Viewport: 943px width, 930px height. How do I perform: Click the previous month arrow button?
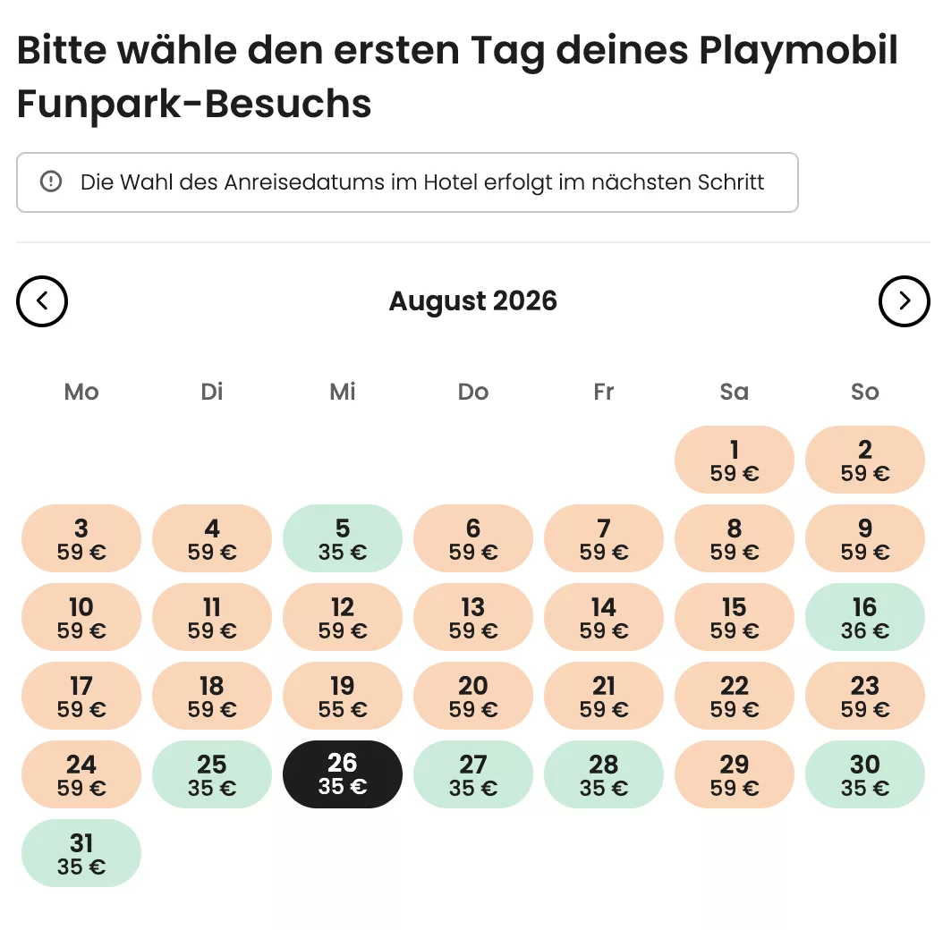(x=42, y=301)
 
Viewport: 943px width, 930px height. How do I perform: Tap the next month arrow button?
(x=904, y=301)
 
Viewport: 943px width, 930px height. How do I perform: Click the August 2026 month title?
(x=472, y=301)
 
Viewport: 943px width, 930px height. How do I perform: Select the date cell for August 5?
(x=343, y=538)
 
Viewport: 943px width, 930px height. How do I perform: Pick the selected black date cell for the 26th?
(x=343, y=774)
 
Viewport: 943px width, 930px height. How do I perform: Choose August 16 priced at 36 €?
(x=864, y=617)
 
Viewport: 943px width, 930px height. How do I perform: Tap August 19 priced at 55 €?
(x=343, y=696)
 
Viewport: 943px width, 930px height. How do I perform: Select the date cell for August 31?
(x=81, y=853)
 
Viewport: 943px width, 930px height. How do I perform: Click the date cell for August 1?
(x=734, y=460)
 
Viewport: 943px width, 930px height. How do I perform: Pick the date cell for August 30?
(x=864, y=774)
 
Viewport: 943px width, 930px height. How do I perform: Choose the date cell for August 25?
(x=212, y=774)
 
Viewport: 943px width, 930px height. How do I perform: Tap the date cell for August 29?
(x=734, y=774)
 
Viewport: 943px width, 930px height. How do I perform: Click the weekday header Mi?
(x=343, y=392)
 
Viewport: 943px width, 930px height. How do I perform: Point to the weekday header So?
(x=864, y=392)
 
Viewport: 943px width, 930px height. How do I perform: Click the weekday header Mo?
(x=81, y=392)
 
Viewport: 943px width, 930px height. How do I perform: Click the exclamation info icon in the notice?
(x=51, y=182)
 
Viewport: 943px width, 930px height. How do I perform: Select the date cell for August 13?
(x=473, y=617)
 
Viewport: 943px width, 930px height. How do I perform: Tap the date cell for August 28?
(x=604, y=774)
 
